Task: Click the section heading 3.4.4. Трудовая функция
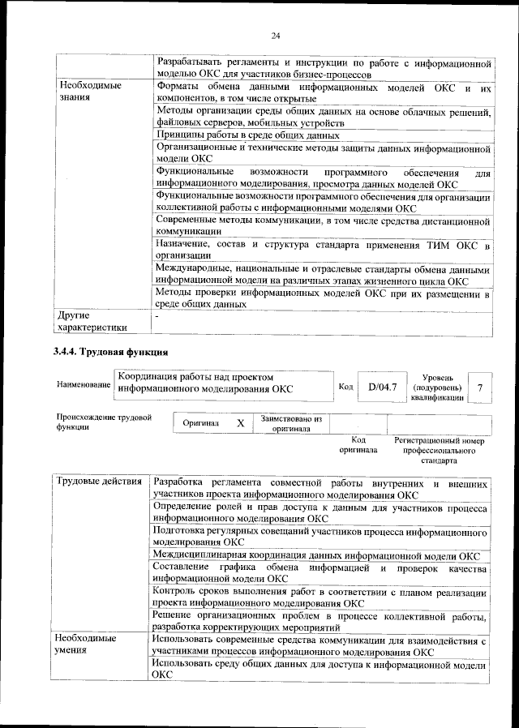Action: click(x=109, y=352)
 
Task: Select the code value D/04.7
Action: click(x=382, y=388)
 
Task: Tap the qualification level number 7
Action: click(x=481, y=388)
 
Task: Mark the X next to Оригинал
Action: click(x=240, y=423)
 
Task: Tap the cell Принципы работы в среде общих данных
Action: click(x=247, y=135)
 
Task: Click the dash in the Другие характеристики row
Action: click(x=159, y=315)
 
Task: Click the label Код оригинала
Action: click(x=359, y=444)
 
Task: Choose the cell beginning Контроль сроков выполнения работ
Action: click(x=320, y=597)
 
